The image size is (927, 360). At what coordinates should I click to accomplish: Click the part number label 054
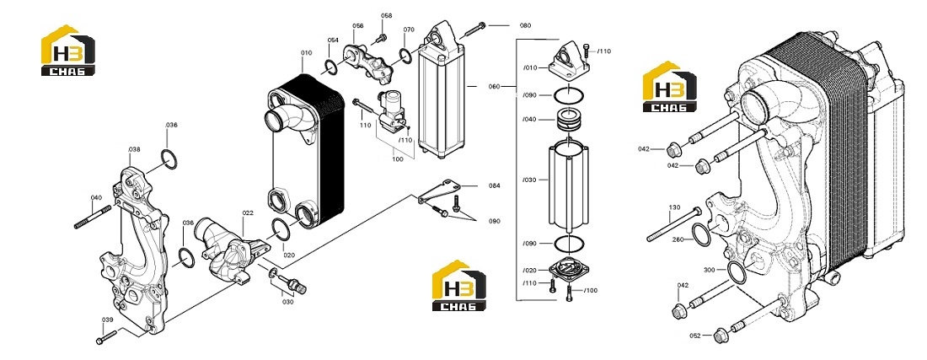point(333,40)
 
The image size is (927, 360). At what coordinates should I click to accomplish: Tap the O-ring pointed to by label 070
point(406,56)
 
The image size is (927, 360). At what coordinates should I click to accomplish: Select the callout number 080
point(525,25)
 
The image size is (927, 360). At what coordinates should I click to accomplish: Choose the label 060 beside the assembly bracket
point(494,86)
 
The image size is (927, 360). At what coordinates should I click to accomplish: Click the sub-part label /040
point(530,120)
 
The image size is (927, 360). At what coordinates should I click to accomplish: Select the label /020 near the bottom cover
point(530,270)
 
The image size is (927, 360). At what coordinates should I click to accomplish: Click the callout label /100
point(591,290)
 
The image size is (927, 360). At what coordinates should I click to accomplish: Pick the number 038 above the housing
point(134,149)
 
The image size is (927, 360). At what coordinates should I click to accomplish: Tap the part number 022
point(248,212)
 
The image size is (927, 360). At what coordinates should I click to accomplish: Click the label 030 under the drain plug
point(287,302)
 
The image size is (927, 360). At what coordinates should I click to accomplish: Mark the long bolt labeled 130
point(674,225)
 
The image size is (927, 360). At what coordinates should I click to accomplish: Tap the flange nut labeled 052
point(720,336)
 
